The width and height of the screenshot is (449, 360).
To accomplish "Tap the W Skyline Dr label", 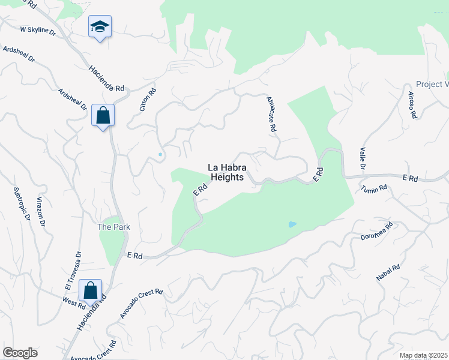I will (x=37, y=29).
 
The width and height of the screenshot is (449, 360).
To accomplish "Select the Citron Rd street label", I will (x=148, y=100).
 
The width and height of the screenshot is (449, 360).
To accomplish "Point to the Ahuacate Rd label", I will (x=271, y=114).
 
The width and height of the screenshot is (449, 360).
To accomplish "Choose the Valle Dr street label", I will (x=362, y=158).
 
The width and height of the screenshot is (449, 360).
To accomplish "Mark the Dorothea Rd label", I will (x=376, y=232).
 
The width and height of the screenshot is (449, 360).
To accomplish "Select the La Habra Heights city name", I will (x=226, y=172).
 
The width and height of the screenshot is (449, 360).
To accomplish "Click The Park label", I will (x=114, y=227).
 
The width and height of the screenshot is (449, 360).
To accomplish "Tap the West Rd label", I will (x=74, y=303).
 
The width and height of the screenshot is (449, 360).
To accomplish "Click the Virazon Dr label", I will (x=41, y=214).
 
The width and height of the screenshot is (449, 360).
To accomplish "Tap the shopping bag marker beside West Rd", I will (x=89, y=290).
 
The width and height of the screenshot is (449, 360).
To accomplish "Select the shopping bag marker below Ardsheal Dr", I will (x=103, y=115).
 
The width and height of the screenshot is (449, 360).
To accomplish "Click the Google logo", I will (x=19, y=353).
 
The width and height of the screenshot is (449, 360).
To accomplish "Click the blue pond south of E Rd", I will (x=292, y=224).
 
